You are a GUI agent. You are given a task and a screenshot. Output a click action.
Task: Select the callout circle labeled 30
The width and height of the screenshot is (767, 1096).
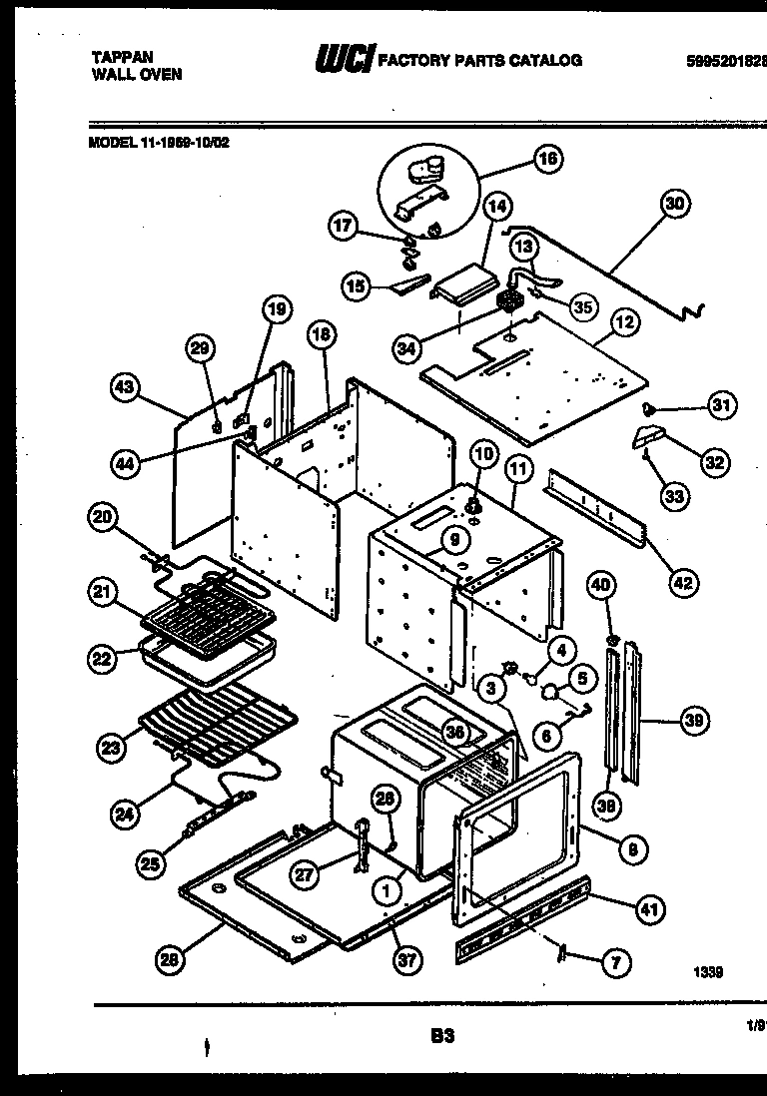675,204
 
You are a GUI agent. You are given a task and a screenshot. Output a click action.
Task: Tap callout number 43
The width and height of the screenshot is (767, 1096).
125,389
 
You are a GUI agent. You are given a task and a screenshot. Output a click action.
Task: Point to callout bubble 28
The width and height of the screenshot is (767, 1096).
172,960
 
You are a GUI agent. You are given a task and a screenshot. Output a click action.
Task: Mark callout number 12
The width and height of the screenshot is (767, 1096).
626,322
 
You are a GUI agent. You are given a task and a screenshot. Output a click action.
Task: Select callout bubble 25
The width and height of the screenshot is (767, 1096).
150,865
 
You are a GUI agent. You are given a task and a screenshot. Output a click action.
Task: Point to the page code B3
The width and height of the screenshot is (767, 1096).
441,1036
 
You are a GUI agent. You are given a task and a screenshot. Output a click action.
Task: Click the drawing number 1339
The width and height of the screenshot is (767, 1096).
706,971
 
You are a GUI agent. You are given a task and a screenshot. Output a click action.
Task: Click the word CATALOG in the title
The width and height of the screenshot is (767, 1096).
547,60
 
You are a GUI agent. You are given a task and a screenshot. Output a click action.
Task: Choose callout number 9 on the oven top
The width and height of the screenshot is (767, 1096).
453,541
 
